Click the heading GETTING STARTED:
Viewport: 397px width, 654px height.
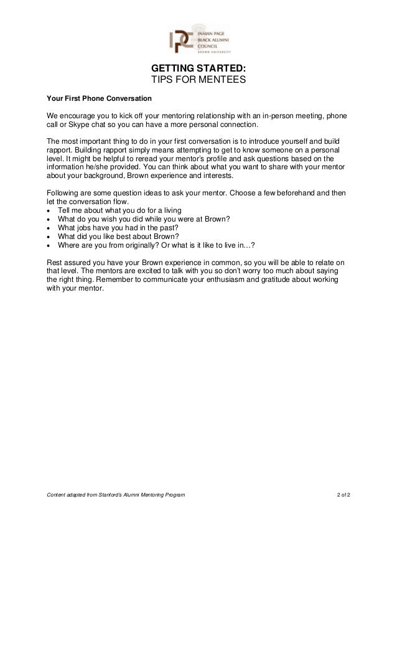pos(198,68)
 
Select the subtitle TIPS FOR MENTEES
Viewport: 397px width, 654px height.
pos(198,81)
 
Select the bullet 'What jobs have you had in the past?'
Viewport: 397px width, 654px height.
pos(117,227)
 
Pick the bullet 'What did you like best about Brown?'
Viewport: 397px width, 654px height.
pos(116,236)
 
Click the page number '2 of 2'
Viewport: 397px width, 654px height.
pos(343,495)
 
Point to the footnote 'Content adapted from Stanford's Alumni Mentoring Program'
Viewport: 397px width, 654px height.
pos(116,495)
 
